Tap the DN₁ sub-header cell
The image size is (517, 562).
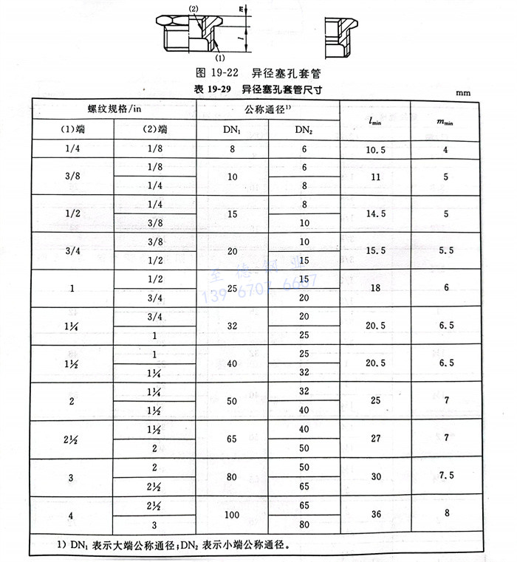232,130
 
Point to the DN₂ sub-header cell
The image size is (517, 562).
304,130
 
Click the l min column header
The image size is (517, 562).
375,119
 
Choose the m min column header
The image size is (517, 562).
446,119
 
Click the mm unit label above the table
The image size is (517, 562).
462,94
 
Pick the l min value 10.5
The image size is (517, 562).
375,150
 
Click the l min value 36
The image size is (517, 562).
375,515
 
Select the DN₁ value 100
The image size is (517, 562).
232,515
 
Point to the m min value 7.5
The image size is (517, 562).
446,477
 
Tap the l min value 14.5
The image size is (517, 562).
375,214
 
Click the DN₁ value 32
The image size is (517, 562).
232,326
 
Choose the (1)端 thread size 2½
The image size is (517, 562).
72,439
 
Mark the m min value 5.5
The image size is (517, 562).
446,252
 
